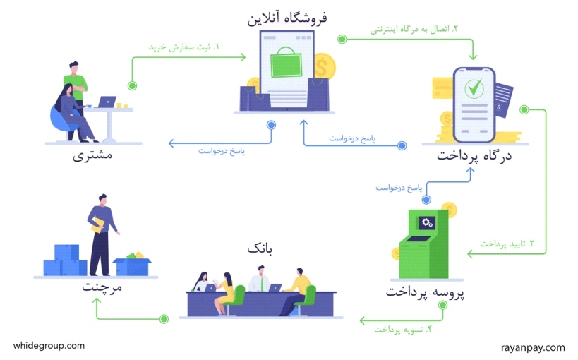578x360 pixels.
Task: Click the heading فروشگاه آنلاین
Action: point(287,18)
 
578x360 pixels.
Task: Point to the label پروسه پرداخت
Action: point(425,292)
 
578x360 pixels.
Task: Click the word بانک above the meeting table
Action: point(260,249)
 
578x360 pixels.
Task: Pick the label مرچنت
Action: point(102,287)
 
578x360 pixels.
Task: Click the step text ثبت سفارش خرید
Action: point(184,47)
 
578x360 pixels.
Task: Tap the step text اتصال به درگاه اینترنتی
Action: point(414,30)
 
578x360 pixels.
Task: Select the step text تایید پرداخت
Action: point(507,244)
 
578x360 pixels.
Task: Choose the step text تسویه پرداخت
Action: point(403,330)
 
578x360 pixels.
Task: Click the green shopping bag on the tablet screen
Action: point(286,62)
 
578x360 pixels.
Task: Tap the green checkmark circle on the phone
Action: point(474,88)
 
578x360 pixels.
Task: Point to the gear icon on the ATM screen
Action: point(427,222)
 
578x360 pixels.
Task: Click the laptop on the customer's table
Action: point(107,102)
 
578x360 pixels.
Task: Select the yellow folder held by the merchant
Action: point(98,225)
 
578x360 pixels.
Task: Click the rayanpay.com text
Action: point(533,347)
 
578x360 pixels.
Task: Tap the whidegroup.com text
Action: point(49,346)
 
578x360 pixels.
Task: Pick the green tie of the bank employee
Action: point(262,283)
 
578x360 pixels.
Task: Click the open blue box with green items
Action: point(132,265)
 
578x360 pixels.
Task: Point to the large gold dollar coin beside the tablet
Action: point(325,66)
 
